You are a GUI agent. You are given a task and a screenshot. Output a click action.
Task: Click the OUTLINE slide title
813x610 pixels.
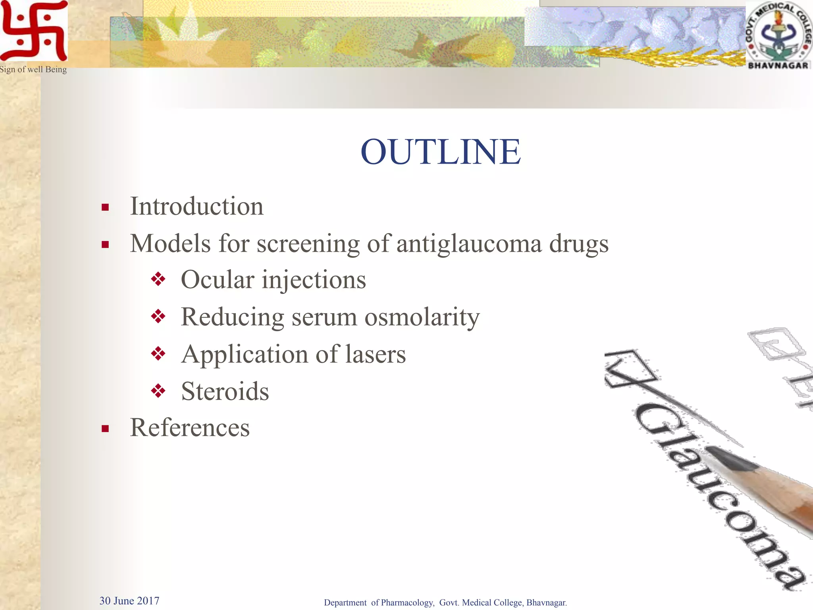[x=441, y=152]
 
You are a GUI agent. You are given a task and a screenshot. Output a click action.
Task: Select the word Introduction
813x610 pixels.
[x=197, y=207]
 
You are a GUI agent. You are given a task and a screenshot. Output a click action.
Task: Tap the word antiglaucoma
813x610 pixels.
[x=469, y=243]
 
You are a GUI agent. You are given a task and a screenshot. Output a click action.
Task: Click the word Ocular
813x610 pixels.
[x=218, y=280]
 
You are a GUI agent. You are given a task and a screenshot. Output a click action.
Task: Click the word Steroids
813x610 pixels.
[x=225, y=391]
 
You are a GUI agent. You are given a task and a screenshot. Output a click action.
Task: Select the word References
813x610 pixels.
[x=190, y=428]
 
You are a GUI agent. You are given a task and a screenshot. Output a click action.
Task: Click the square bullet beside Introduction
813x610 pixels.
[x=105, y=207]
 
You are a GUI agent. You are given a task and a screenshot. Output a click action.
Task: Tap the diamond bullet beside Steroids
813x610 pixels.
[x=158, y=391]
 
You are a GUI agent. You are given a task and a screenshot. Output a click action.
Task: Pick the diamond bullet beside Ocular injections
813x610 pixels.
[x=158, y=279]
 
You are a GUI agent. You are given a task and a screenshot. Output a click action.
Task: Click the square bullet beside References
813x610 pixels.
[x=105, y=429]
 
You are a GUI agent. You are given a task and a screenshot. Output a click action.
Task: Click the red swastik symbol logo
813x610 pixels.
[x=34, y=31]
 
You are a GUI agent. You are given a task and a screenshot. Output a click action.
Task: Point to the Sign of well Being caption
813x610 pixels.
[x=33, y=69]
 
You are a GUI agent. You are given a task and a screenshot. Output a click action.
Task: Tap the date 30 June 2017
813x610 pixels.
[x=129, y=600]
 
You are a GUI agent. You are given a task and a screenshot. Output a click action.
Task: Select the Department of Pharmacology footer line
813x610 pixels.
[x=445, y=602]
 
